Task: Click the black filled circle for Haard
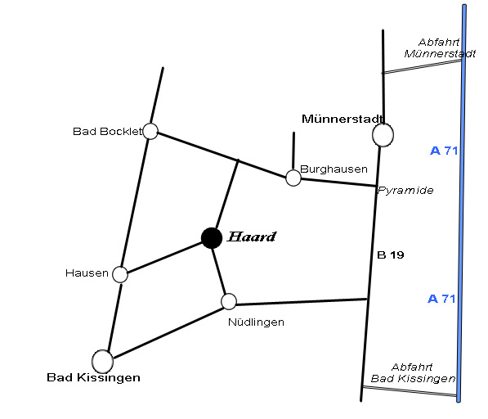(212, 238)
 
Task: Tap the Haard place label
(252, 237)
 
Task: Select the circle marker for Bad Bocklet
(150, 131)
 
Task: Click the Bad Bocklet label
(107, 132)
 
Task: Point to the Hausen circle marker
(120, 274)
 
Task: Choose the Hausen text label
(87, 273)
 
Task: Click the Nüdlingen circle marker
(229, 301)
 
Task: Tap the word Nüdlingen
(256, 322)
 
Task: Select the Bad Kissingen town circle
(103, 362)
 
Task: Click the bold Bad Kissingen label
(93, 377)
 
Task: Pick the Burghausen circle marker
(293, 178)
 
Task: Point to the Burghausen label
(334, 169)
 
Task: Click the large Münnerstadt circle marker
(383, 135)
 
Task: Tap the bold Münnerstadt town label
(342, 119)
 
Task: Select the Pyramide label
(405, 191)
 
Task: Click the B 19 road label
(391, 255)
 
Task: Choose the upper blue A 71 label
(444, 151)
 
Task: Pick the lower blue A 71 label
(441, 299)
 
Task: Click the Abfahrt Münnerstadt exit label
(440, 48)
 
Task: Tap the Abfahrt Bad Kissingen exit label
(413, 372)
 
